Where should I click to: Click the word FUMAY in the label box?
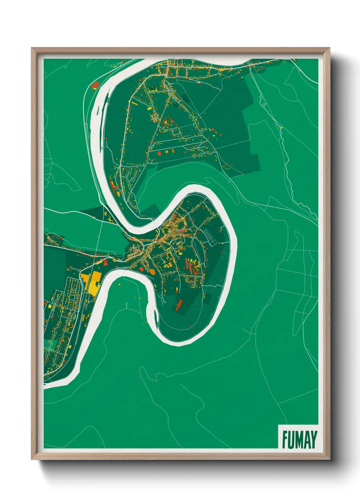coord(299,439)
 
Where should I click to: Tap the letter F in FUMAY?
coord(285,439)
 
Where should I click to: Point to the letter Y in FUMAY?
coord(313,439)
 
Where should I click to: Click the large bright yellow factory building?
coord(92,283)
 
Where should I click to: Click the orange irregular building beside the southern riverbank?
coord(152,271)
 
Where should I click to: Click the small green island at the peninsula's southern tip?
coord(157,317)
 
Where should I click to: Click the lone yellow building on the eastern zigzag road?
coord(281,127)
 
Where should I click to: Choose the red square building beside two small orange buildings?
coord(159,153)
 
